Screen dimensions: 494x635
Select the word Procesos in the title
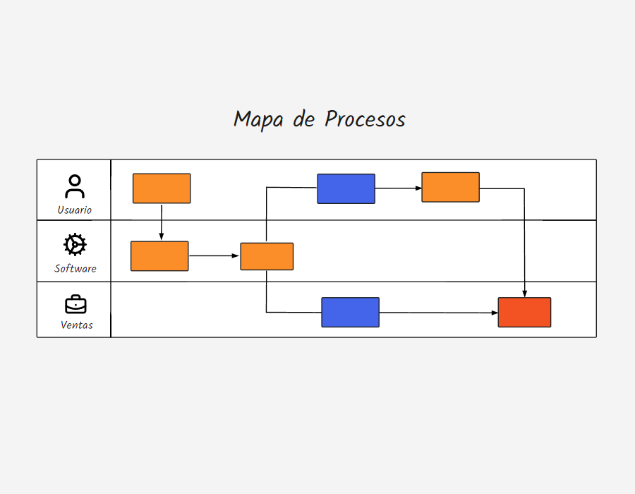(365, 119)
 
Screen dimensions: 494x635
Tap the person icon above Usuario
(75, 186)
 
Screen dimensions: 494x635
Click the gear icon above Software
(75, 245)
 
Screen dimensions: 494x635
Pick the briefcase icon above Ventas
(75, 304)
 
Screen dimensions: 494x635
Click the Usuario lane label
(75, 210)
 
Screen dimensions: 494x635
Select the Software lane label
(75, 269)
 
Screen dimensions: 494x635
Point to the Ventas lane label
(76, 325)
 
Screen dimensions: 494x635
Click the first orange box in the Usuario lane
(162, 188)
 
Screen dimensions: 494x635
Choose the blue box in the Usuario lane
(346, 188)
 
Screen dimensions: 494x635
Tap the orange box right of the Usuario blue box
(450, 187)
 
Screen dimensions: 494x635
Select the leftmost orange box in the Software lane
(159, 256)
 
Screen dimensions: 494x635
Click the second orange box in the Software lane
(267, 256)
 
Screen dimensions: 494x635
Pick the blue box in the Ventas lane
(350, 312)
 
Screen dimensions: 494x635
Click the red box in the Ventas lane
(524, 312)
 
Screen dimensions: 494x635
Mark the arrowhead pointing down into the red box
(524, 293)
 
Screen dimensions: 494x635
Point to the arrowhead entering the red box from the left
(494, 313)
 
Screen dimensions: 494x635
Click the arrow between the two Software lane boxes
(214, 256)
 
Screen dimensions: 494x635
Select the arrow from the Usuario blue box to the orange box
(398, 188)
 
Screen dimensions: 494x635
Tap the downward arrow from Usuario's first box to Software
(162, 222)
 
